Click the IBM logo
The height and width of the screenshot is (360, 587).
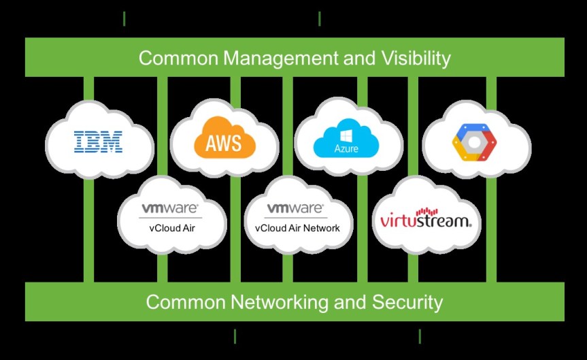(x=99, y=142)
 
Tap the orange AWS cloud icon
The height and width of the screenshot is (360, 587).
(x=223, y=141)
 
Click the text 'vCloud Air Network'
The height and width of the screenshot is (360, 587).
(x=297, y=228)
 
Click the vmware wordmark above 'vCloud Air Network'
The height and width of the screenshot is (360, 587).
(x=295, y=208)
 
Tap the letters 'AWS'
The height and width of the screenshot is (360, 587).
(x=222, y=144)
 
